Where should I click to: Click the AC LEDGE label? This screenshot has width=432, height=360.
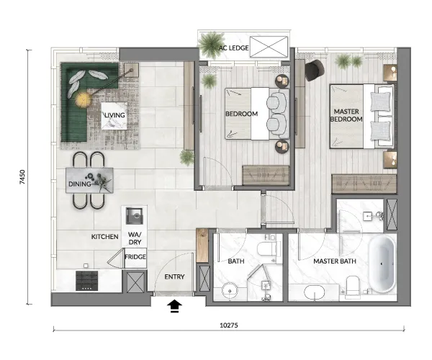[233, 48]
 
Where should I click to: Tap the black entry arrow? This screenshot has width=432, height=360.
[175, 307]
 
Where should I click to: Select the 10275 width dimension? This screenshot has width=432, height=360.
[229, 325]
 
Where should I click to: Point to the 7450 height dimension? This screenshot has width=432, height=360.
[22, 177]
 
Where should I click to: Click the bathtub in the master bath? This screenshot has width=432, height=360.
[382, 264]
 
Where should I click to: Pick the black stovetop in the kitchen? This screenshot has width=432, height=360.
[87, 281]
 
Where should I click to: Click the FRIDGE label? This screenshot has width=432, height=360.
[135, 257]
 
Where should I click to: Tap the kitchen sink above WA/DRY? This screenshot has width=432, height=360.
[135, 216]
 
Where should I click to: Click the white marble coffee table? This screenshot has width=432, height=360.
[114, 116]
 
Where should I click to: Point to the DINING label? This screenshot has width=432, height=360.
[79, 184]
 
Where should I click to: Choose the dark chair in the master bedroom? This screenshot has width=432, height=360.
[315, 71]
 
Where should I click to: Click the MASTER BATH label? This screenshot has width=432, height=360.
[335, 261]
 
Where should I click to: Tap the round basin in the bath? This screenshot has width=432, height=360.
[230, 290]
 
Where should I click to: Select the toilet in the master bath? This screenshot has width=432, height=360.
[353, 287]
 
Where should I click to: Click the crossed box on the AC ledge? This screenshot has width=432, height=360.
[269, 47]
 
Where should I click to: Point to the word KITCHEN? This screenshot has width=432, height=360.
[104, 237]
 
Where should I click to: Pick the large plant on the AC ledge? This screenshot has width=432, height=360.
[211, 45]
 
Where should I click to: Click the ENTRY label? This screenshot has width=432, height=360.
[174, 276]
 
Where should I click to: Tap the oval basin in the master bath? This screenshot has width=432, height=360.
[315, 292]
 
